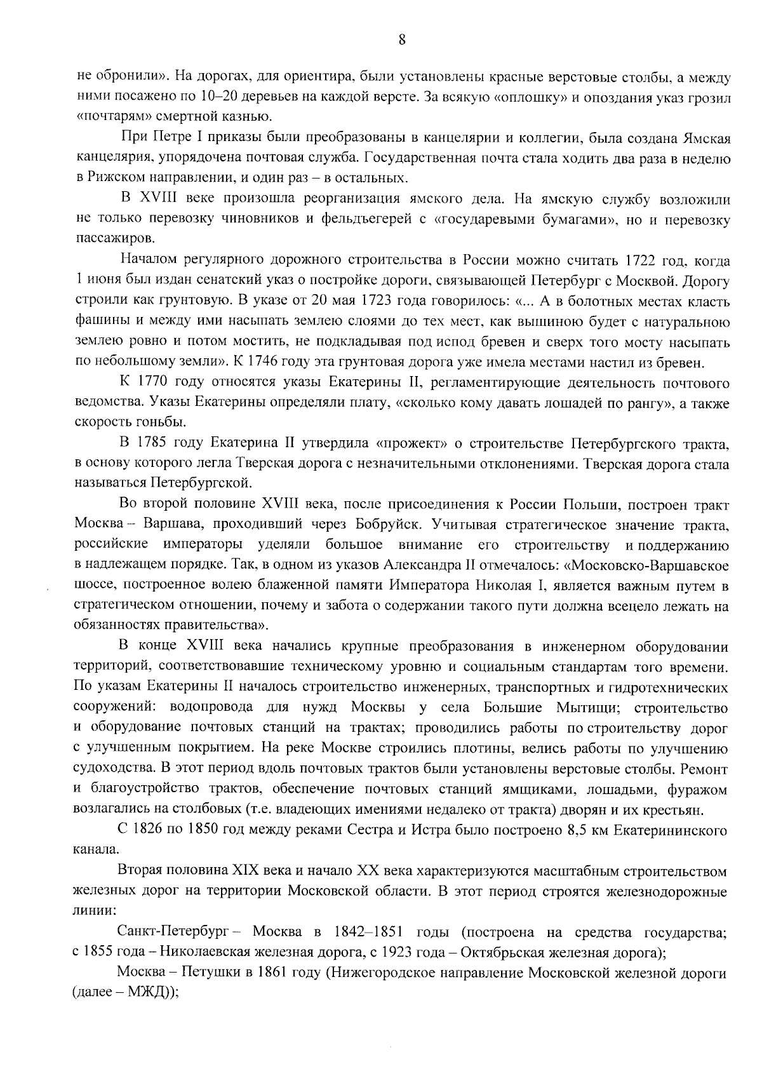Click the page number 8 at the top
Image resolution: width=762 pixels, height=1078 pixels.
[401, 40]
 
